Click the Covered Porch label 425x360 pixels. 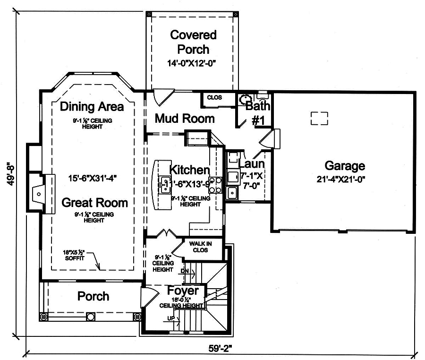193,42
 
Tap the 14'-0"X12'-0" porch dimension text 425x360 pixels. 193,63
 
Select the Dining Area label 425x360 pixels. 92,106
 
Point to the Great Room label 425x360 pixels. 95,203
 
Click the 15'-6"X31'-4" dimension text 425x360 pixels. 93,178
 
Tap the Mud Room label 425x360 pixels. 185,118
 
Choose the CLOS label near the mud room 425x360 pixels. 214,98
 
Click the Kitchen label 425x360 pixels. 189,170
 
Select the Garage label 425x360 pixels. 345,166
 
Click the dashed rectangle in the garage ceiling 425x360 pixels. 319,118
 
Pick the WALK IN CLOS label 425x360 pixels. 201,247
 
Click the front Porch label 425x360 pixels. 93,296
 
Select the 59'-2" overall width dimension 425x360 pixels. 221,349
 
